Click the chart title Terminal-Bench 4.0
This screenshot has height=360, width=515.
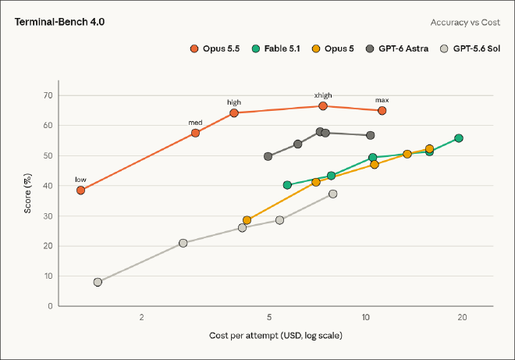tap(59, 22)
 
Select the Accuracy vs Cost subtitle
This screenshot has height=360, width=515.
tap(465, 23)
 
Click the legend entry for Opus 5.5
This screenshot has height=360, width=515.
tap(215, 48)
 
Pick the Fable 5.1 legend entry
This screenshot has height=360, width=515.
tap(276, 48)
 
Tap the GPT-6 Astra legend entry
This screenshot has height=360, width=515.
tap(397, 48)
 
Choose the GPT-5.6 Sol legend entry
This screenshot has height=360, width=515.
tap(470, 48)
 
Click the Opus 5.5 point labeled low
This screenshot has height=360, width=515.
tap(80, 190)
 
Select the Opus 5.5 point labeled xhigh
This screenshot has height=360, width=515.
tap(323, 106)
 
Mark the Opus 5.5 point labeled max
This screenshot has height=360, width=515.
tap(382, 111)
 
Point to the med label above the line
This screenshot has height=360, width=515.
tap(195, 123)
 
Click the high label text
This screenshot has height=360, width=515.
tap(234, 102)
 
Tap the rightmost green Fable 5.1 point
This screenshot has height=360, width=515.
tap(459, 138)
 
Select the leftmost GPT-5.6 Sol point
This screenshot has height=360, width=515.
tap(98, 282)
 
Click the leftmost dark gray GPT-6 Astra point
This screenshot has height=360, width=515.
tap(268, 156)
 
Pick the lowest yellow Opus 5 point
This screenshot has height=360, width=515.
tap(247, 220)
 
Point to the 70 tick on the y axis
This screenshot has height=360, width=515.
tap(48, 95)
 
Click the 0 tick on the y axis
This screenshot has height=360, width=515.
tap(50, 306)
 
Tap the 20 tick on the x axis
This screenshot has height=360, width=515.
tap(462, 317)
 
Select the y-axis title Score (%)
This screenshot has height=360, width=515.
tap(27, 194)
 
